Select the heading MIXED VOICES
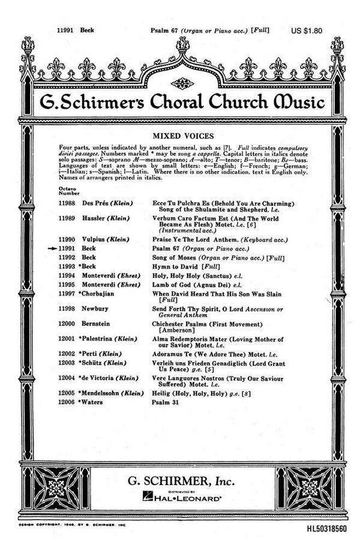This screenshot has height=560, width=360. pyautogui.click(x=179, y=136)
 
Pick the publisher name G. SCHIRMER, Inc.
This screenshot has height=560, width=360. pyautogui.click(x=180, y=480)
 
